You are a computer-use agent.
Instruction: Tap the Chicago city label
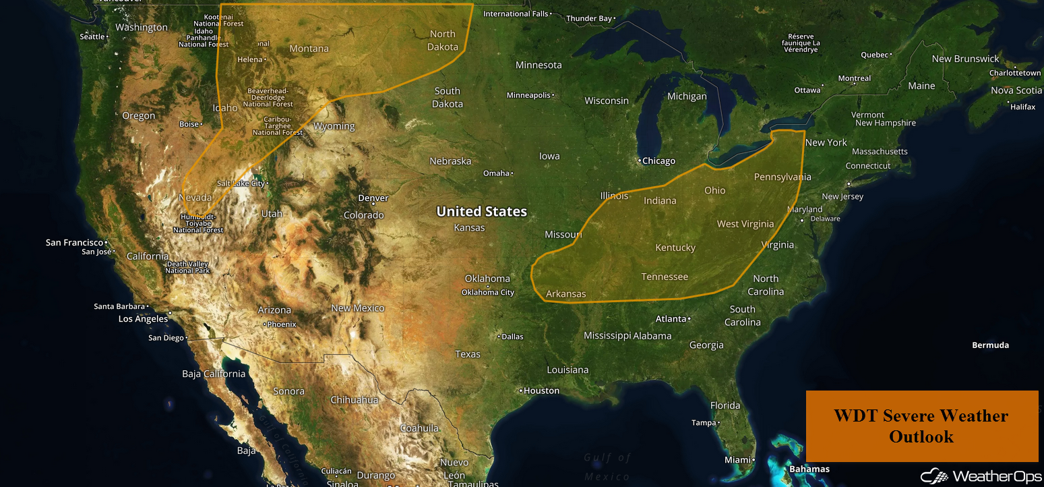pyautogui.click(x=658, y=161)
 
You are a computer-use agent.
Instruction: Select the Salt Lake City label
pyautogui.click(x=241, y=183)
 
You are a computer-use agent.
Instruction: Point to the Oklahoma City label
pyautogui.click(x=487, y=292)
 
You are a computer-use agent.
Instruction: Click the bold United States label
pyautogui.click(x=481, y=211)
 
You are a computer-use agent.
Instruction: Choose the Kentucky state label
pyautogui.click(x=675, y=248)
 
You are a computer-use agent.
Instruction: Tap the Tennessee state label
pyautogui.click(x=665, y=277)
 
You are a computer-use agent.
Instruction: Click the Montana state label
pyautogui.click(x=309, y=49)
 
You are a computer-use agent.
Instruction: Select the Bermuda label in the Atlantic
pyautogui.click(x=990, y=345)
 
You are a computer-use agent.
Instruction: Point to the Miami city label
pyautogui.click(x=737, y=460)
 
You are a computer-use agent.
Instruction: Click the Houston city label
pyautogui.click(x=541, y=391)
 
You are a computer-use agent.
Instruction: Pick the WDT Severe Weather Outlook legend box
pyautogui.click(x=921, y=426)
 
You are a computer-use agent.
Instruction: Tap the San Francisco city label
pyautogui.click(x=74, y=242)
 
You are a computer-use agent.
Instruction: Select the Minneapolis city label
pyautogui.click(x=528, y=95)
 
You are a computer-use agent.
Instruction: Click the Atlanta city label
pyautogui.click(x=671, y=318)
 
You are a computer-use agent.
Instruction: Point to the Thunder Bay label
pyautogui.click(x=588, y=19)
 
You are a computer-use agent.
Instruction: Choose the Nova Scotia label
pyautogui.click(x=1016, y=90)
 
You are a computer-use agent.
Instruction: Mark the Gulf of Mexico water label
pyautogui.click(x=607, y=467)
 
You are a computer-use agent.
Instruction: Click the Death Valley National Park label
pyautogui.click(x=188, y=267)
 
